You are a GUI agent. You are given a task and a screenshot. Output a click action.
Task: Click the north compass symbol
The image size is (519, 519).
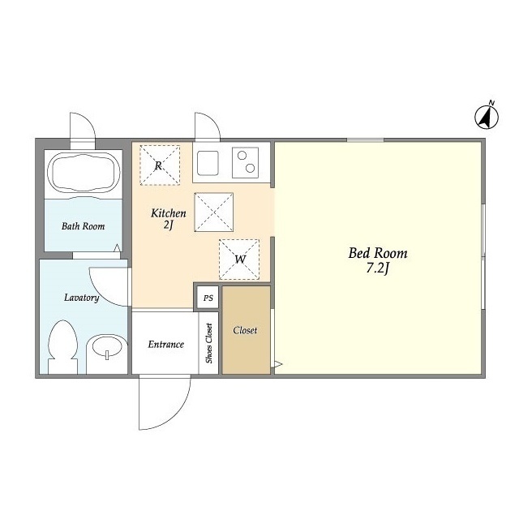coord(487,118)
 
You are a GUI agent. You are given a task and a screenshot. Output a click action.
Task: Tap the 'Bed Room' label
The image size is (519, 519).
coord(378,253)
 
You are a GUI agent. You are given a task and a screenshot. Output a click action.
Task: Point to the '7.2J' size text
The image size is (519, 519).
coord(378,270)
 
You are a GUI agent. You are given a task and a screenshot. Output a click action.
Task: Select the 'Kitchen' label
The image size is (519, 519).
coord(169,213)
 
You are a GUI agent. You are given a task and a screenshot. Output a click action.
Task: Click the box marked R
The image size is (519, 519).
coord(159,165)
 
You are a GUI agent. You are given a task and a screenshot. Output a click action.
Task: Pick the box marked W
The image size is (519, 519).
coord(240,259)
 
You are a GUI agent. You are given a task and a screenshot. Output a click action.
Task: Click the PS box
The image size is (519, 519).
coord(208,298)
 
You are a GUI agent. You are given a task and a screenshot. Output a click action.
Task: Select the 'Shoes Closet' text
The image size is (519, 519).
coord(209,344)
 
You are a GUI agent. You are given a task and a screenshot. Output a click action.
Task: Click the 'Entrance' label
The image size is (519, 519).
coord(165,344)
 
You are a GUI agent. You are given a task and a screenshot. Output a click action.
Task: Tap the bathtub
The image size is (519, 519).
coord(85,173)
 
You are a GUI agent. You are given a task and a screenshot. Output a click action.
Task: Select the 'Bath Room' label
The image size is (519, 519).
coord(84,226)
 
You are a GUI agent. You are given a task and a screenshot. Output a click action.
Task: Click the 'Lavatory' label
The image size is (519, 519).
coord(82,298)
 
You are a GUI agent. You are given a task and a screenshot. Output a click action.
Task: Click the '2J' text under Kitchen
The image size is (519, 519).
coord(169,226)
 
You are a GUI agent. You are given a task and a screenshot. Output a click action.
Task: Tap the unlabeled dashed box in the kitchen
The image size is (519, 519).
coord(213,212)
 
